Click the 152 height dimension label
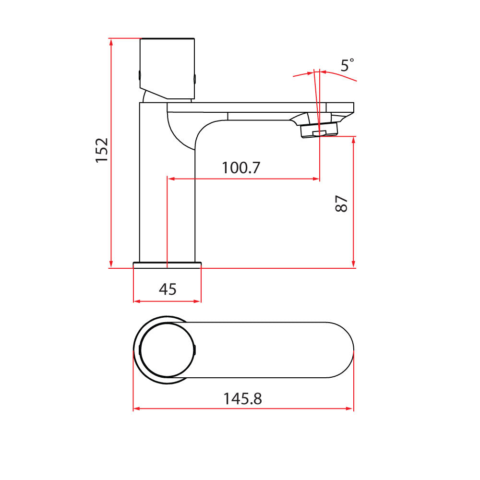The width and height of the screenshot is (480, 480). coord(102,150)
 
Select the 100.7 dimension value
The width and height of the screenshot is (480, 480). coord(241,168)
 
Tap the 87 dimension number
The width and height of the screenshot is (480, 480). coord(341,204)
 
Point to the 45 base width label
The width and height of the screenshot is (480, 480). coord(168,289)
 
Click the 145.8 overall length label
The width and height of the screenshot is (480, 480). coord(242,398)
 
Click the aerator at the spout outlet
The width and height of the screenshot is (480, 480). coord(319,130)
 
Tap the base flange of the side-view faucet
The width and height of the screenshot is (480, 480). coord(167,264)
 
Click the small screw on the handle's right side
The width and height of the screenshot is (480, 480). coord(194,78)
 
